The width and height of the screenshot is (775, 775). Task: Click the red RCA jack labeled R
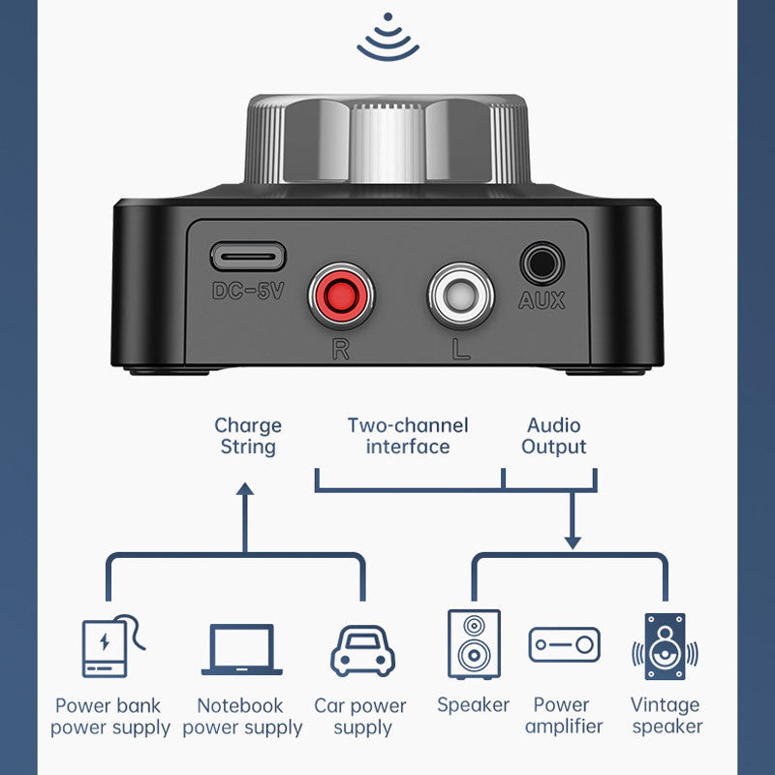coord(339,298)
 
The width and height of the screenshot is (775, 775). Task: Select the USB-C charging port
coord(247,258)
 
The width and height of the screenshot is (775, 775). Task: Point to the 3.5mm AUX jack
coord(542,263)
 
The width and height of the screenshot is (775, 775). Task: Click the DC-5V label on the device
coord(247,290)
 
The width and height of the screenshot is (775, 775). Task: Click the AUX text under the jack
coord(542,300)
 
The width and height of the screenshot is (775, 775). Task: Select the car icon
coord(362,650)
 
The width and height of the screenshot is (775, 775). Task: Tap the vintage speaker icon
coord(665,645)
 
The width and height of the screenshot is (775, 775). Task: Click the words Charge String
coord(248,436)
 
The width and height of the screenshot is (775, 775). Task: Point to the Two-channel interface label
coord(408,436)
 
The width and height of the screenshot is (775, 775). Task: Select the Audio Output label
coord(554,436)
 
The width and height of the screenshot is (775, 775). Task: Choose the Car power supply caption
coord(360,717)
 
